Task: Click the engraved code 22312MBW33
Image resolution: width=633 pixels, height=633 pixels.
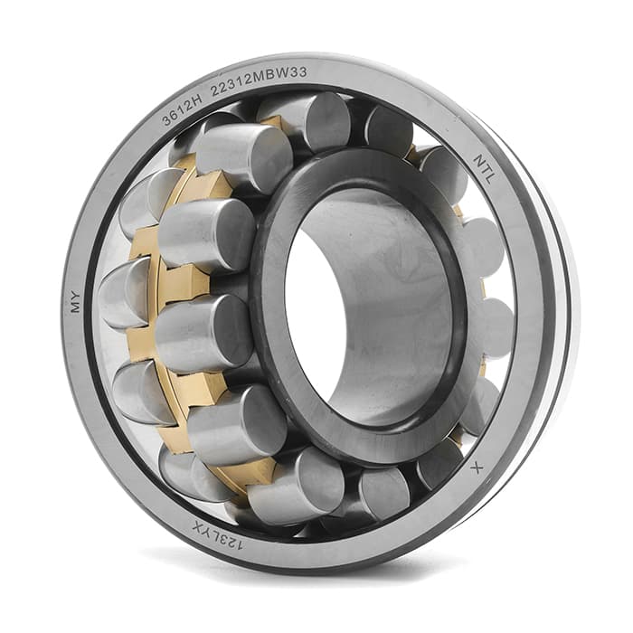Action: (259, 80)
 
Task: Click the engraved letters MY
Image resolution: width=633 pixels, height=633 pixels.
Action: (75, 301)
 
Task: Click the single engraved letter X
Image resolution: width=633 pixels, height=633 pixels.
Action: (477, 468)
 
